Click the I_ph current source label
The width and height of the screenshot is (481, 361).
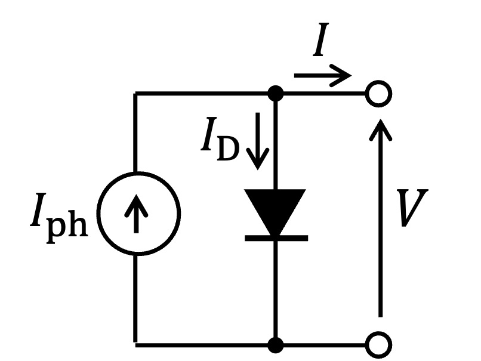(x=59, y=218)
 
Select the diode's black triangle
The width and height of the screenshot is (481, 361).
(x=275, y=212)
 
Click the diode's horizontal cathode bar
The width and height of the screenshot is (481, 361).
(x=276, y=238)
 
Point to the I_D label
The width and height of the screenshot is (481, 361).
(x=220, y=139)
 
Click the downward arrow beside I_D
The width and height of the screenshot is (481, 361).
(x=258, y=141)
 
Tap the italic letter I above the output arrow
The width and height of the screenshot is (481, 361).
(x=321, y=39)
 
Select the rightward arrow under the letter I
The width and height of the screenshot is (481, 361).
(x=323, y=75)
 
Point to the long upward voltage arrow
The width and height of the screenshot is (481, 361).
(x=380, y=218)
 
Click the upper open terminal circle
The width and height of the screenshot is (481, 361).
(x=379, y=94)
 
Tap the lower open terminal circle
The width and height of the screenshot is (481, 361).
(x=379, y=345)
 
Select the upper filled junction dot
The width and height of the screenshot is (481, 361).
(x=276, y=94)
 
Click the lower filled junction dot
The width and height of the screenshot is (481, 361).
(x=276, y=345)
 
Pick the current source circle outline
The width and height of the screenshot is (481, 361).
(x=97, y=214)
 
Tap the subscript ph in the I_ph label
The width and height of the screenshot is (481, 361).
(x=67, y=227)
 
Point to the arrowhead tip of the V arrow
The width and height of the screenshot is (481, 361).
(x=380, y=119)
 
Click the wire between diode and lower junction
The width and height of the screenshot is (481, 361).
(x=276, y=289)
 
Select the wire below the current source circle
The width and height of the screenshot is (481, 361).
(x=135, y=299)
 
